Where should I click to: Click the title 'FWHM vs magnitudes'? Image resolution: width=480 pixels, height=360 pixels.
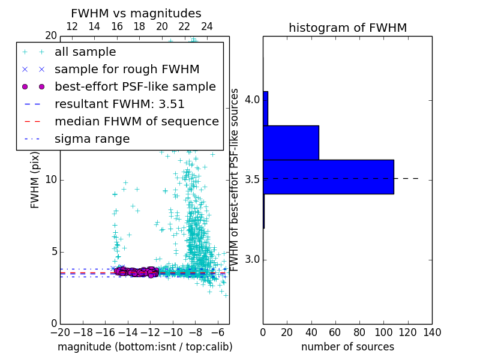point(136,14)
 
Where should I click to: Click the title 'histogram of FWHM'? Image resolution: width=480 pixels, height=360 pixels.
point(347,28)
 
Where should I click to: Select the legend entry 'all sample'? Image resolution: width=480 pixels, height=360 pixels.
point(85,52)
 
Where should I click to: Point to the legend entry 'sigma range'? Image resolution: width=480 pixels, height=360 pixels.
point(92,139)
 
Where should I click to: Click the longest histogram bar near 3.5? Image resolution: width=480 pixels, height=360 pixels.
point(328,177)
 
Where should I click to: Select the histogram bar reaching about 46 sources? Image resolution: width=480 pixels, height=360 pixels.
point(290,143)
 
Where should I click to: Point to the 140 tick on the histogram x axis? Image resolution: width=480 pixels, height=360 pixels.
point(432,332)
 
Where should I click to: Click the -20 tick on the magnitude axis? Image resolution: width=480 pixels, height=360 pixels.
point(60,332)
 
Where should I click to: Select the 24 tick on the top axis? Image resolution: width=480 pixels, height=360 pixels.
point(207,27)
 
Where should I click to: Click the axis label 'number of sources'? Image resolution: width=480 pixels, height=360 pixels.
point(347,347)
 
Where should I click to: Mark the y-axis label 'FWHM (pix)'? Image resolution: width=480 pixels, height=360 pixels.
point(35,180)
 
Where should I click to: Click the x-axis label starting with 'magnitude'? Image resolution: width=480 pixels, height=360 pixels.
point(145,347)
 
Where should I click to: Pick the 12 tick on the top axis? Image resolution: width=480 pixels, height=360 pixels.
point(72,27)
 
